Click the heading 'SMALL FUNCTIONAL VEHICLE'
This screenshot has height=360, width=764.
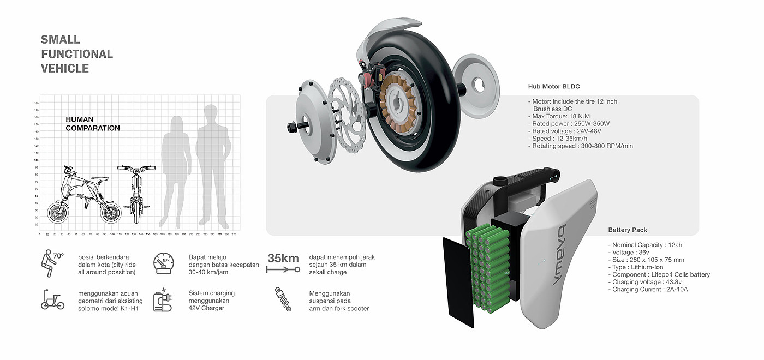[x=76, y=54]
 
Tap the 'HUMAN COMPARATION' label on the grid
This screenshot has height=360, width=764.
[x=93, y=124]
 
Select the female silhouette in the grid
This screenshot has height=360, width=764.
[x=174, y=169]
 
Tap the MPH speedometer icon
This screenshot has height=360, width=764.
[x=164, y=264]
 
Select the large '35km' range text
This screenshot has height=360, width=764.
[x=283, y=258]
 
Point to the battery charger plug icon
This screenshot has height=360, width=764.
[x=163, y=301]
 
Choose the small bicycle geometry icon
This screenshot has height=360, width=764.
[x=52, y=301]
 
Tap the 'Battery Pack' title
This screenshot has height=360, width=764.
[x=628, y=230]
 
